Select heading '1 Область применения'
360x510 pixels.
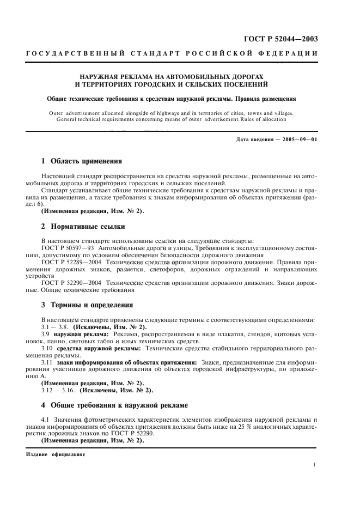click(x=82, y=161)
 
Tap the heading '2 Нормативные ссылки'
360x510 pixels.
click(x=80, y=226)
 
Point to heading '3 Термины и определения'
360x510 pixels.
click(x=88, y=305)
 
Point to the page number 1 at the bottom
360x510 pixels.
click(x=315, y=464)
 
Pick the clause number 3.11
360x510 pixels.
click(x=49, y=362)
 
